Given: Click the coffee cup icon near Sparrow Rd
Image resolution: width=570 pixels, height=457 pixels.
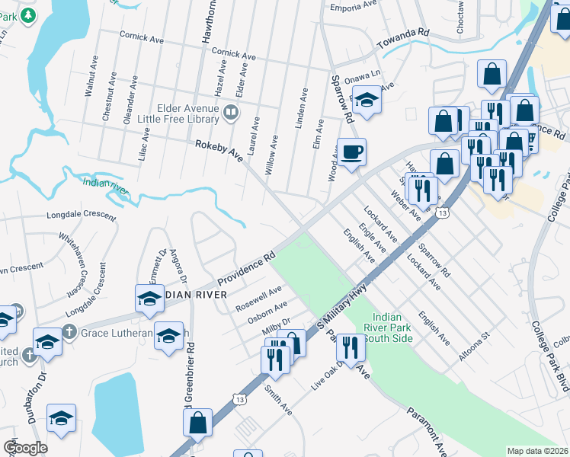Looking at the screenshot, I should pyautogui.click(x=351, y=152).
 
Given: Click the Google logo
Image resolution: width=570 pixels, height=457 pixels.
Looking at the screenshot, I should pyautogui.click(x=25, y=447).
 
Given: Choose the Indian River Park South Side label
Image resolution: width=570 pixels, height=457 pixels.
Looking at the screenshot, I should pyautogui.click(x=391, y=327).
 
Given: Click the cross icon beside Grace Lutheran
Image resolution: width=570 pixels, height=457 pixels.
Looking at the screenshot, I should pyautogui.click(x=69, y=332).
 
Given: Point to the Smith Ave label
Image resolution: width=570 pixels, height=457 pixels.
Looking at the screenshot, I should pyautogui.click(x=278, y=399).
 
